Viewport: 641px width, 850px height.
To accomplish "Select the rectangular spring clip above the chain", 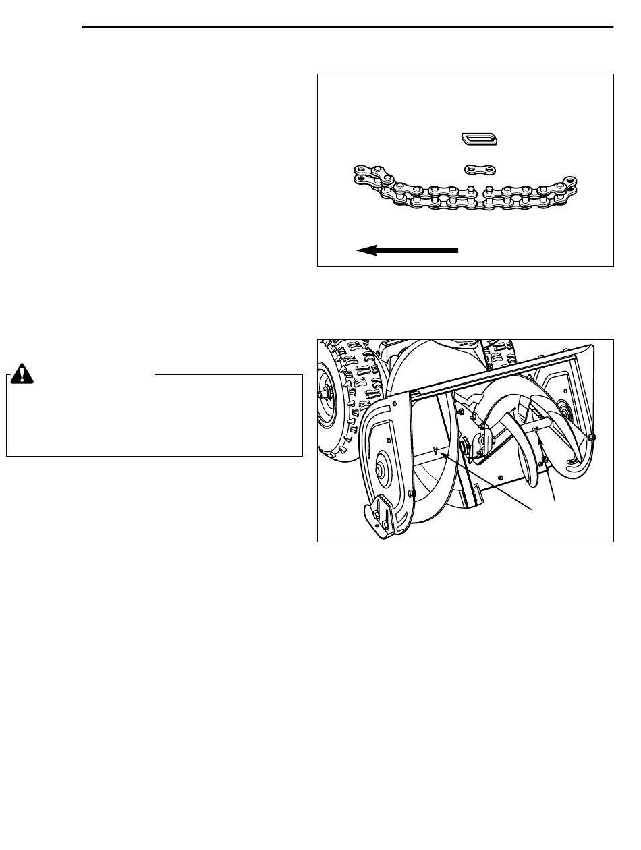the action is tap(480, 139).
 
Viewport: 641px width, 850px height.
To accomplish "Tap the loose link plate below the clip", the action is tap(481, 168).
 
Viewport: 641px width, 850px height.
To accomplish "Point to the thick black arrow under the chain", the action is tap(408, 250).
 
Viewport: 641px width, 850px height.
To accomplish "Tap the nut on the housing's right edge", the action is tap(592, 437).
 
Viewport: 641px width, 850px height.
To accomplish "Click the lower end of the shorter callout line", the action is tap(555, 500).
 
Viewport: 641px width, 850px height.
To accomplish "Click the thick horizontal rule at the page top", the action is tap(347, 28).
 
